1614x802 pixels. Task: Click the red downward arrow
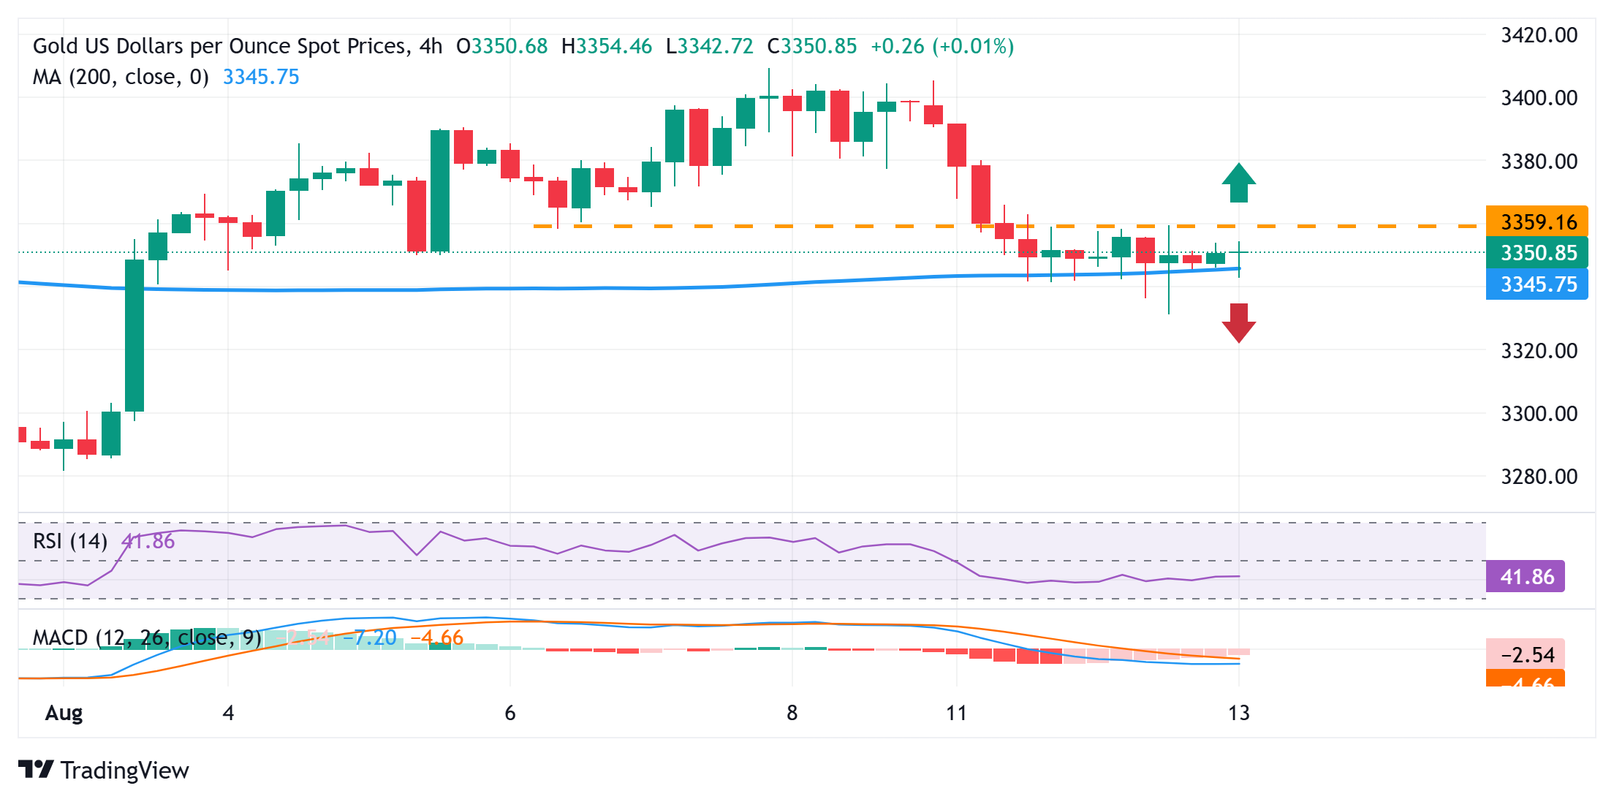pyautogui.click(x=1238, y=322)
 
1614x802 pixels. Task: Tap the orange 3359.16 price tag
pyautogui.click(x=1537, y=222)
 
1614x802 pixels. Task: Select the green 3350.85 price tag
pyautogui.click(x=1537, y=253)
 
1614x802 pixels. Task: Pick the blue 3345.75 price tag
pyautogui.click(x=1537, y=284)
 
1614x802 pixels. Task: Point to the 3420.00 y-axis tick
pyautogui.click(x=1539, y=35)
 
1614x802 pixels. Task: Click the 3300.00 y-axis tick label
pyautogui.click(x=1539, y=414)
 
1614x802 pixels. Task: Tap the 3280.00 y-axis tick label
pyautogui.click(x=1539, y=477)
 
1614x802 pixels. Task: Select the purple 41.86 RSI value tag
pyautogui.click(x=1526, y=577)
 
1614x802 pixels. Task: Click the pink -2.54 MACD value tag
pyautogui.click(x=1526, y=654)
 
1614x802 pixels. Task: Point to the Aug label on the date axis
pyautogui.click(x=64, y=713)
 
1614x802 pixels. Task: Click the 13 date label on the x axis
pyautogui.click(x=1238, y=713)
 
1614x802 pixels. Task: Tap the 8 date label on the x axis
pyautogui.click(x=792, y=713)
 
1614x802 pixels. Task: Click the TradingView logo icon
pyautogui.click(x=36, y=770)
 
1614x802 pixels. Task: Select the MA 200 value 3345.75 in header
pyautogui.click(x=261, y=77)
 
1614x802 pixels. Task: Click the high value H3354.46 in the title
pyautogui.click(x=606, y=46)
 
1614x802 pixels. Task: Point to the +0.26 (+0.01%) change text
pyautogui.click(x=942, y=46)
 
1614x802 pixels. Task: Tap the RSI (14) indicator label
pyautogui.click(x=70, y=541)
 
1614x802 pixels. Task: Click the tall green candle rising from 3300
pyautogui.click(x=134, y=335)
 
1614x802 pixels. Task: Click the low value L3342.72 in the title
pyautogui.click(x=709, y=46)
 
